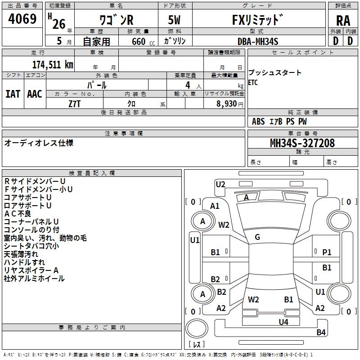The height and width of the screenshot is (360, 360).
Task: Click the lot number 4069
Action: tap(22, 19)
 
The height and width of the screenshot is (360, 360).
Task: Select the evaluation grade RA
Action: tap(343, 20)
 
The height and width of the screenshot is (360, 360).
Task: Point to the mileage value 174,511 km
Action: tap(53, 64)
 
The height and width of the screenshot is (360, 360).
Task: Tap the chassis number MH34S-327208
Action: tap(302, 143)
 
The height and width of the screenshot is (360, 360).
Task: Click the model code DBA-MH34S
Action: tap(258, 41)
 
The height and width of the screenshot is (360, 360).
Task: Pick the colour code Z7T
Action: tap(75, 103)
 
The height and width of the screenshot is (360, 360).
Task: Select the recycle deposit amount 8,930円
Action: tap(228, 103)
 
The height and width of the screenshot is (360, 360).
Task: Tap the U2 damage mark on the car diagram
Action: tap(220, 184)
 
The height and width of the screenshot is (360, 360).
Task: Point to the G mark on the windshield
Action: tap(257, 237)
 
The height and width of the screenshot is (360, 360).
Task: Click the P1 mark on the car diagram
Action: tap(327, 252)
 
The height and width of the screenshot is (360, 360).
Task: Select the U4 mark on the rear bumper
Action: tap(283, 322)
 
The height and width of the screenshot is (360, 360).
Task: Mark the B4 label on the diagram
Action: tap(321, 333)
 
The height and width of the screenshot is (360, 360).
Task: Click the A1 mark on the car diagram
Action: tap(215, 206)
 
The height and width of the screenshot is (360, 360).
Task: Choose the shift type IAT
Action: tap(13, 94)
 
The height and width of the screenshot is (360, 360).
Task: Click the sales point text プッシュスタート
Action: tap(275, 73)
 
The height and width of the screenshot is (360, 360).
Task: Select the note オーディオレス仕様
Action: tap(39, 143)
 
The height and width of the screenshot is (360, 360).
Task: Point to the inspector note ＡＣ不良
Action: tap(18, 214)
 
